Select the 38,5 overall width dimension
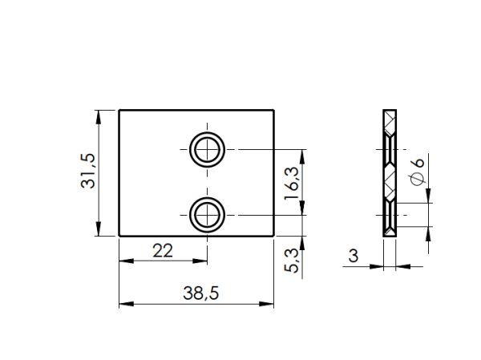click(200, 293)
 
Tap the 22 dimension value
click(163, 251)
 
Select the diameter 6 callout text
click(416, 171)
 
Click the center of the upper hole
click(208, 149)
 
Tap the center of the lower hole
click(208, 215)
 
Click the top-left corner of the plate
click(119, 110)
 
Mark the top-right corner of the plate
click(273, 110)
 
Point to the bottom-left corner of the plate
click(119, 236)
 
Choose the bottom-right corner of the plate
click(273, 236)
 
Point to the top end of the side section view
click(390, 110)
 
